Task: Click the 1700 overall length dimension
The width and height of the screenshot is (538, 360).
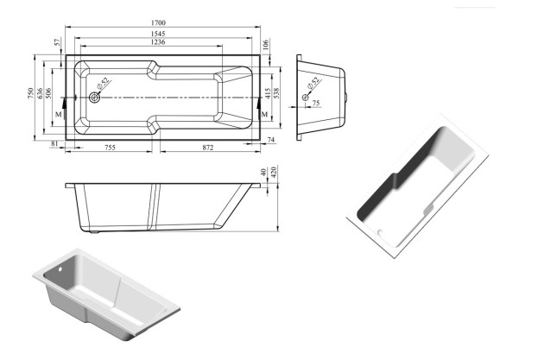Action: click(x=158, y=22)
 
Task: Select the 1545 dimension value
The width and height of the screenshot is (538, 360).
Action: click(x=158, y=34)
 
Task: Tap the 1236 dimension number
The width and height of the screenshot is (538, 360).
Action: click(x=158, y=41)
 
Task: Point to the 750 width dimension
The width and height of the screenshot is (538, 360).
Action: click(x=30, y=93)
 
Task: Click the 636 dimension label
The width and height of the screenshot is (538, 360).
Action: click(x=40, y=93)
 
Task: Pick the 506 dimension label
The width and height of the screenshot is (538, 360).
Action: click(x=48, y=93)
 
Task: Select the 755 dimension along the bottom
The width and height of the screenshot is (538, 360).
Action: click(x=110, y=148)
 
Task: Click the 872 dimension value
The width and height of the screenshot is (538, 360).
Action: click(x=208, y=148)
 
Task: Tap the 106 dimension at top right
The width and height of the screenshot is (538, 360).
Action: click(x=266, y=44)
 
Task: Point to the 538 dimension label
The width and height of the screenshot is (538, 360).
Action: click(x=276, y=93)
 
